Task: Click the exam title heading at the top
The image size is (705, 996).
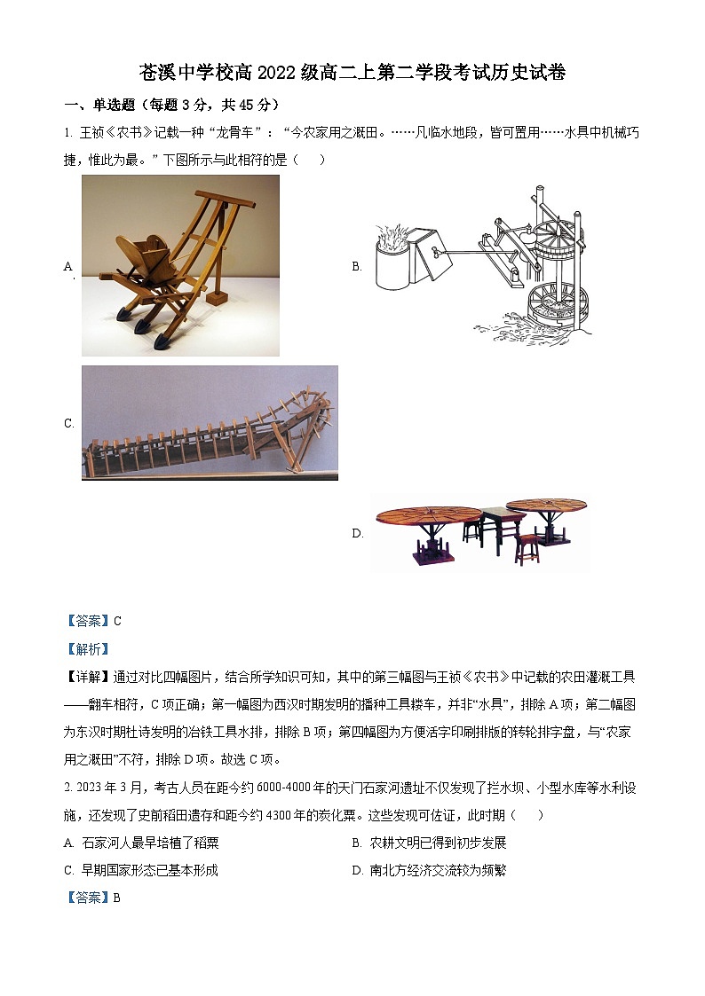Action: (x=352, y=73)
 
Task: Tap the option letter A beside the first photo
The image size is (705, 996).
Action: (x=68, y=266)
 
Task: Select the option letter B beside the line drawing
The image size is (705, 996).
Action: (x=357, y=266)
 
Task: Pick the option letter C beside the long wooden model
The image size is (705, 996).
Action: (x=68, y=424)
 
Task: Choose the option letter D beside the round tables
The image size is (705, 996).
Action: (x=357, y=533)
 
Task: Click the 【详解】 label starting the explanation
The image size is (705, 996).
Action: (x=88, y=678)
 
